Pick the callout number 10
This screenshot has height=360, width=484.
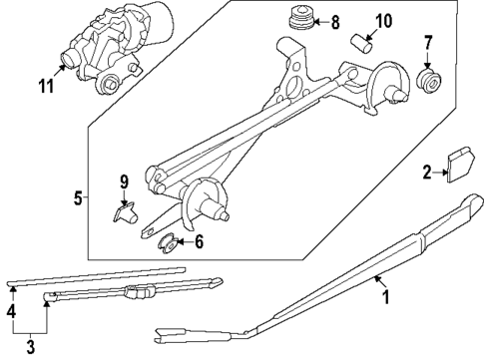(x=382, y=21)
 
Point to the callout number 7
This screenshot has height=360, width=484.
(x=427, y=43)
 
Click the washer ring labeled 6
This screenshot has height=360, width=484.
(x=169, y=240)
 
